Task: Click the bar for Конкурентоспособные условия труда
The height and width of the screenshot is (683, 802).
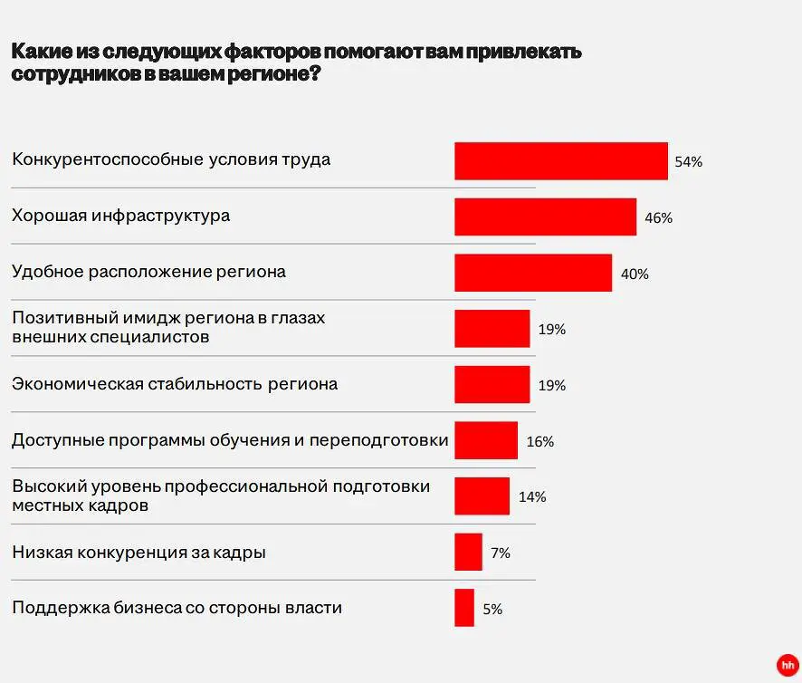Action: (x=560, y=161)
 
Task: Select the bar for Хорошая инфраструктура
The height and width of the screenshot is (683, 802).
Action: (x=545, y=217)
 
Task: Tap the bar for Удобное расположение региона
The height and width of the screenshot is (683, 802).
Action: (x=532, y=274)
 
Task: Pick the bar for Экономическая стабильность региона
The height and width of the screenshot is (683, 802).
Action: (x=492, y=385)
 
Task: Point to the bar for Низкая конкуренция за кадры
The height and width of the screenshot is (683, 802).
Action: (x=468, y=552)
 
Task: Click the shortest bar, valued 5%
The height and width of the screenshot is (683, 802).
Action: (x=464, y=608)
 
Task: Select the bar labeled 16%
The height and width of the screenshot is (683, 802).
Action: (x=485, y=440)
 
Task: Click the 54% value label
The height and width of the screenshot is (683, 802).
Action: (x=688, y=162)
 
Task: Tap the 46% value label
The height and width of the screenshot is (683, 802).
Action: (x=658, y=218)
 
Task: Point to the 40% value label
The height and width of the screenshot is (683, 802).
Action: (x=634, y=274)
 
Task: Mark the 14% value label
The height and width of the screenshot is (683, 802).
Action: (x=532, y=497)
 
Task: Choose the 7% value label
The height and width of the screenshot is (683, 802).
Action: (x=500, y=553)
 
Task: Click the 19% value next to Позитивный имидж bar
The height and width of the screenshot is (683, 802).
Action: (x=551, y=330)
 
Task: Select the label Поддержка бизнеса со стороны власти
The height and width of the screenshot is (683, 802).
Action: (x=177, y=608)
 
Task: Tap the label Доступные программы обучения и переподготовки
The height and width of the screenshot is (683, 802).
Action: (x=230, y=440)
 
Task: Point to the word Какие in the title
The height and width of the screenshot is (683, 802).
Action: (x=41, y=52)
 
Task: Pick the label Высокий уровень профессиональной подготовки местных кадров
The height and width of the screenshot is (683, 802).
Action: (x=221, y=496)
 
